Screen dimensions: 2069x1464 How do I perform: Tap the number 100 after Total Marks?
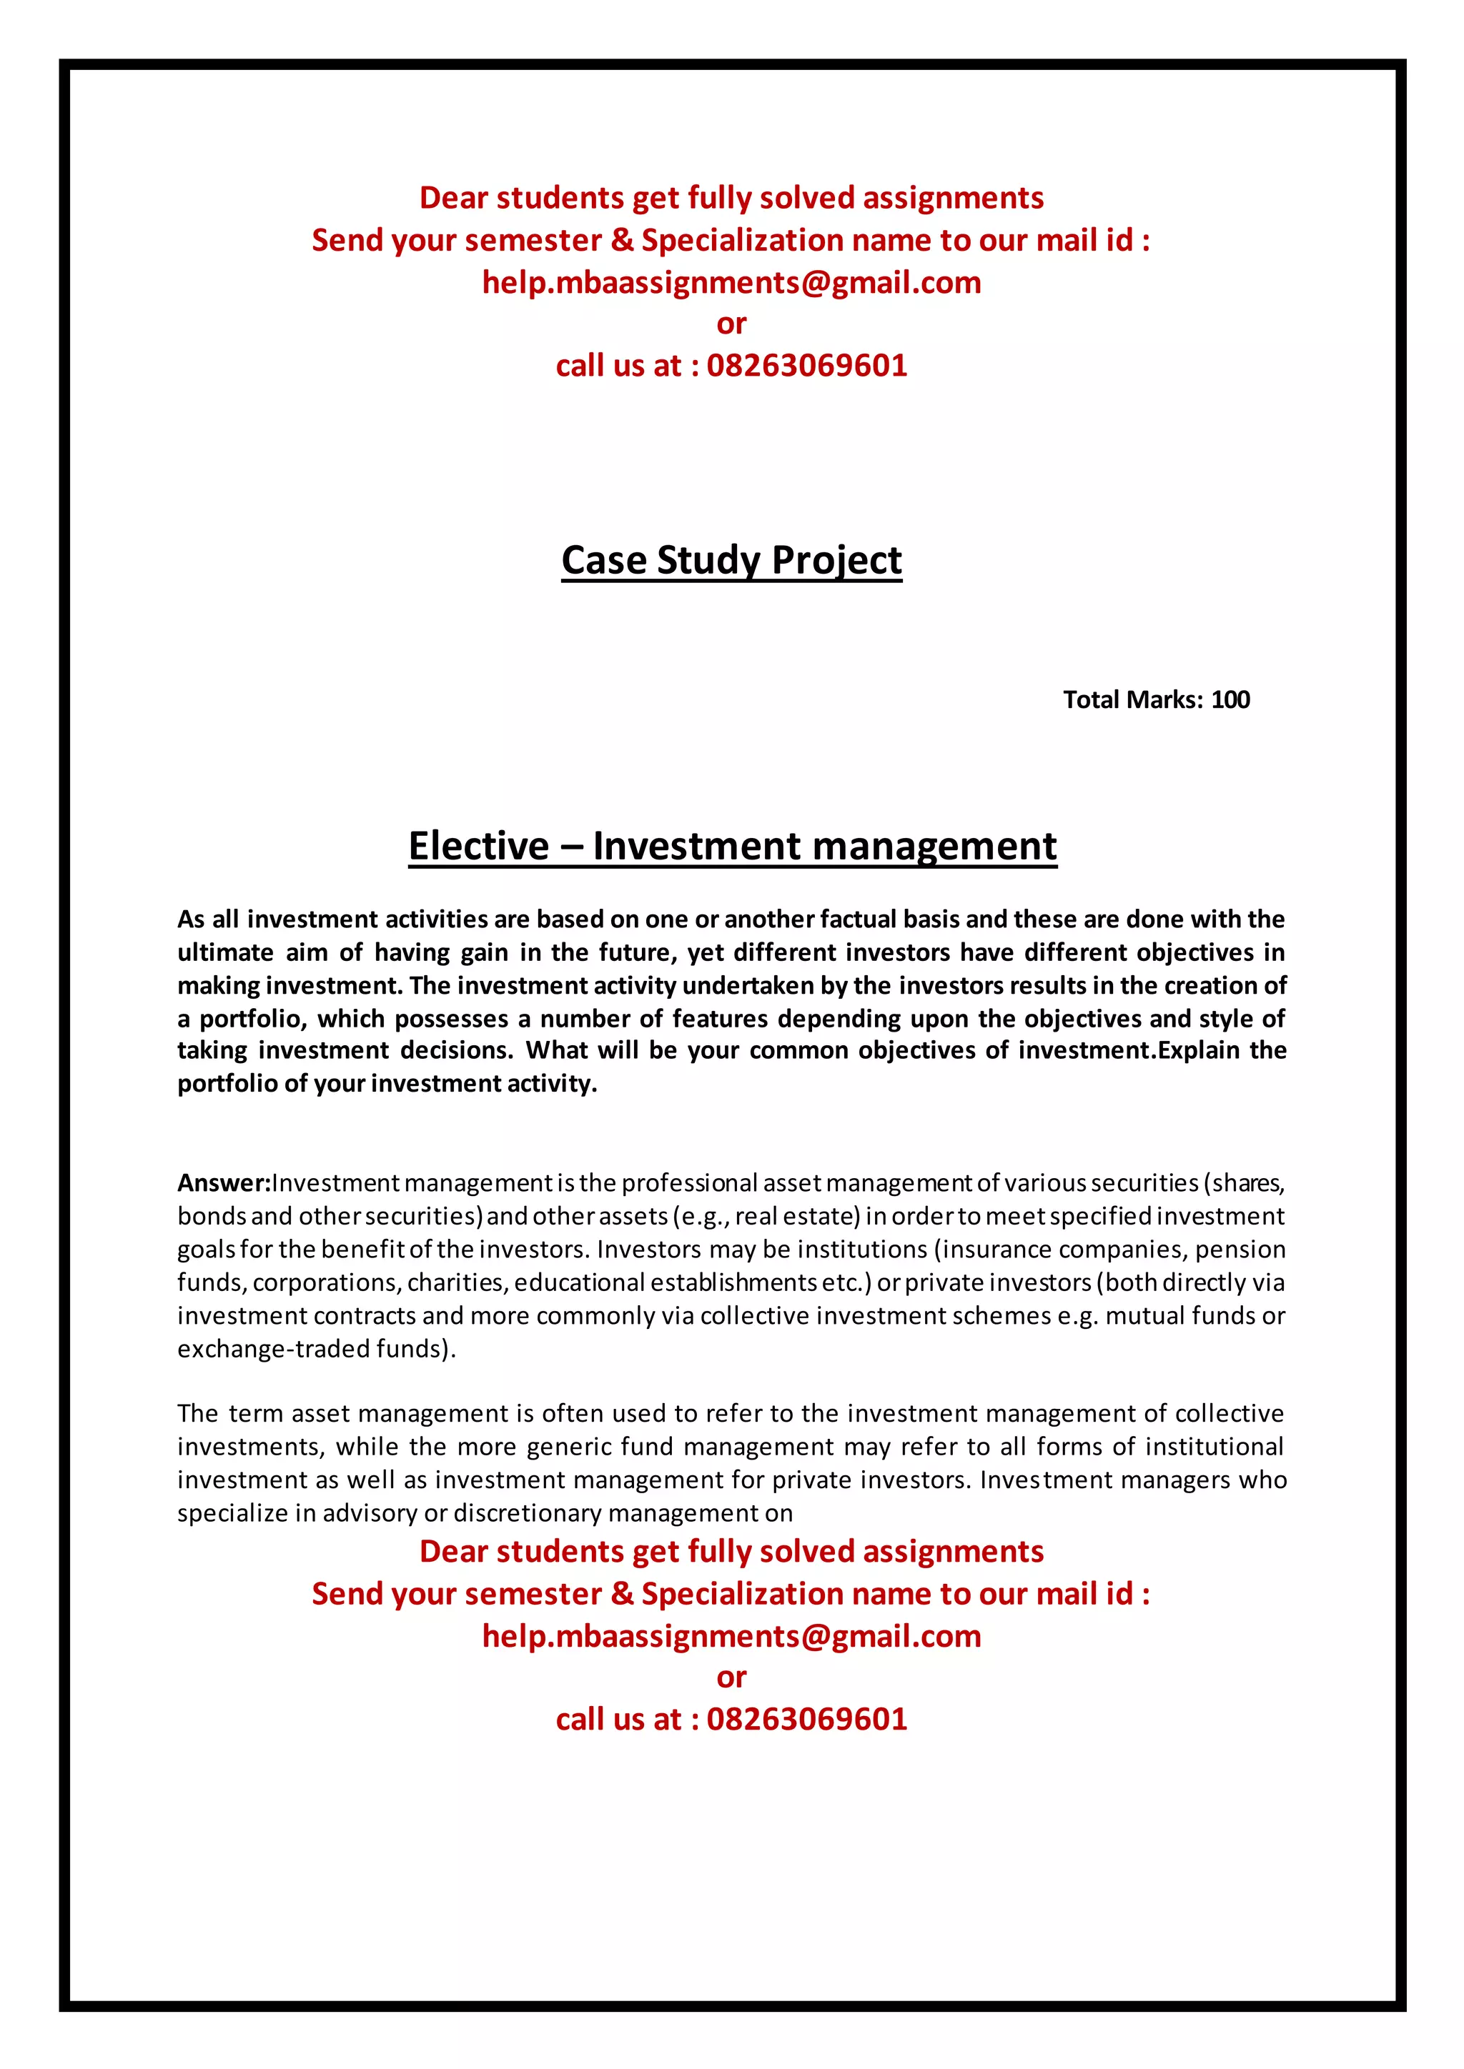(x=1230, y=700)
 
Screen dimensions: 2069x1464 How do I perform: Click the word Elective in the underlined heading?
(x=478, y=846)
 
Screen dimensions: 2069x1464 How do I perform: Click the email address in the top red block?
(x=731, y=283)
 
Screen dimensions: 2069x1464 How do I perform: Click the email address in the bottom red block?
(x=731, y=1637)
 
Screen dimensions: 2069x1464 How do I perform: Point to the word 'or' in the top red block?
(x=731, y=324)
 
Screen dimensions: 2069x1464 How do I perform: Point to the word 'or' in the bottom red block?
(x=731, y=1678)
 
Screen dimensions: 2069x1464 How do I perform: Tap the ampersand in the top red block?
(x=622, y=241)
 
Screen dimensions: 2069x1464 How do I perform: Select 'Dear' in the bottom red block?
(x=453, y=1552)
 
